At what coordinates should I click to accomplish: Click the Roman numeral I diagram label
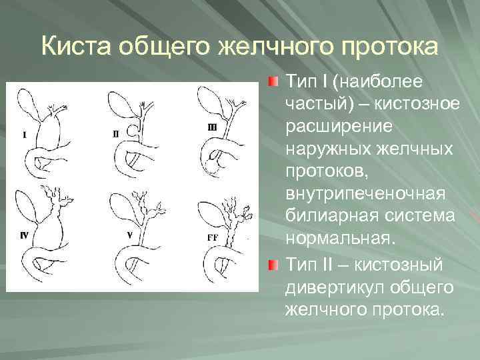(25, 135)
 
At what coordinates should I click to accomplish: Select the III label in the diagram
(212, 127)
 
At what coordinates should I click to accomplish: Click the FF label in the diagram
(213, 237)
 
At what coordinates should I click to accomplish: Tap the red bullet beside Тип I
(274, 83)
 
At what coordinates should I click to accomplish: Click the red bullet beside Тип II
(274, 265)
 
